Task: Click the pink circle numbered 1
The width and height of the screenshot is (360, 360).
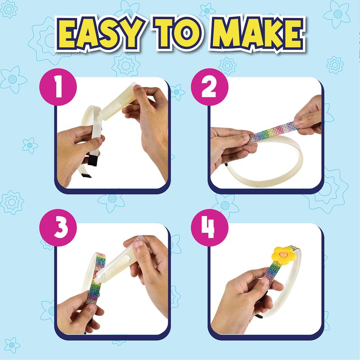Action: point(58,87)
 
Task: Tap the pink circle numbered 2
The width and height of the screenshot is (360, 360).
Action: point(210,87)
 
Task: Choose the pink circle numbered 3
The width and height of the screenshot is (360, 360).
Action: point(58,228)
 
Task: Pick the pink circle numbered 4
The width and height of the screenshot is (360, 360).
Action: point(210,228)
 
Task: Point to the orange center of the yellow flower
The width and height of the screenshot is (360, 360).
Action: point(283,254)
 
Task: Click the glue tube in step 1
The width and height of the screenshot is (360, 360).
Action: point(117,103)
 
